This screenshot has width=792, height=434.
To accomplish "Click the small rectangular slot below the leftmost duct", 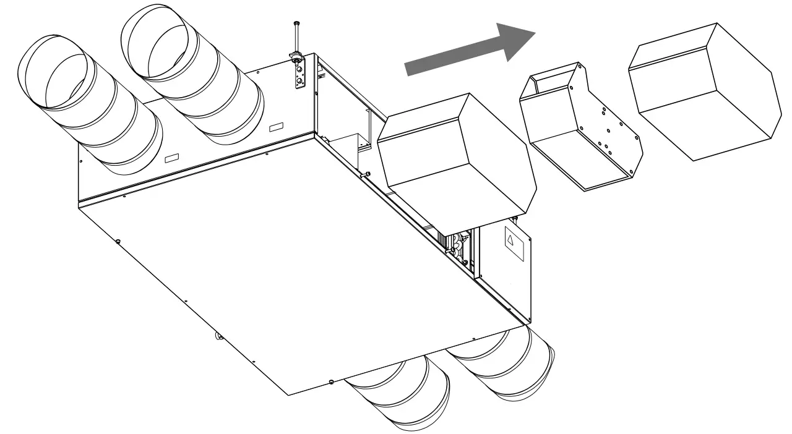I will (170, 159).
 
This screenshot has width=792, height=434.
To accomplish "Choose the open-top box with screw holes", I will (579, 130).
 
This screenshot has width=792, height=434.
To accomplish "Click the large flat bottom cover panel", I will (297, 266).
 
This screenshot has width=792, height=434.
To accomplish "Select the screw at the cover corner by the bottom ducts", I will (332, 381).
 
